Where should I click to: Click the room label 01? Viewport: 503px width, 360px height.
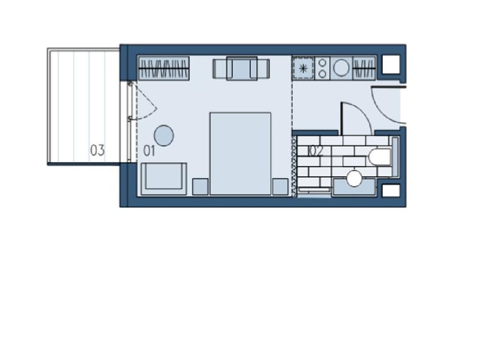click(149, 150)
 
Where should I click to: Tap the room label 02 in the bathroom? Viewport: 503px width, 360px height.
click(316, 151)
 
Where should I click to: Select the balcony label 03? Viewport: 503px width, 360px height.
click(97, 150)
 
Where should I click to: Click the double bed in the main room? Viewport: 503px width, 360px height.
click(240, 154)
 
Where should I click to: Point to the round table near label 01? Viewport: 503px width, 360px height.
click(164, 135)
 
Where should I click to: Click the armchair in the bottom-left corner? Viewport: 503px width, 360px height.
click(163, 179)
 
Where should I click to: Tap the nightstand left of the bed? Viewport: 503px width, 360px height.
click(201, 186)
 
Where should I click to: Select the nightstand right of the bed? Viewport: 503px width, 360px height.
click(280, 186)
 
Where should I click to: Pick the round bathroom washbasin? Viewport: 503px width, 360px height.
click(355, 179)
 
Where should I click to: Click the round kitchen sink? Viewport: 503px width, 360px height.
click(341, 68)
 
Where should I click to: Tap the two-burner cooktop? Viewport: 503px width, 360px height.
click(323, 68)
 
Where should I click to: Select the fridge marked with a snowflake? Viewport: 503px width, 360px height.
click(303, 68)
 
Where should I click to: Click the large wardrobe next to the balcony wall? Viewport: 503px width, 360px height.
click(163, 68)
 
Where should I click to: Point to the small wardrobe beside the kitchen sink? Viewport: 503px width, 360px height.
click(364, 68)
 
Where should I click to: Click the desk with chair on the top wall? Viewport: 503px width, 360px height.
click(241, 69)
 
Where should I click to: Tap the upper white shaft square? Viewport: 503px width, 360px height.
click(391, 64)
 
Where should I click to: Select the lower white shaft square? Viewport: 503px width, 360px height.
click(391, 191)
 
